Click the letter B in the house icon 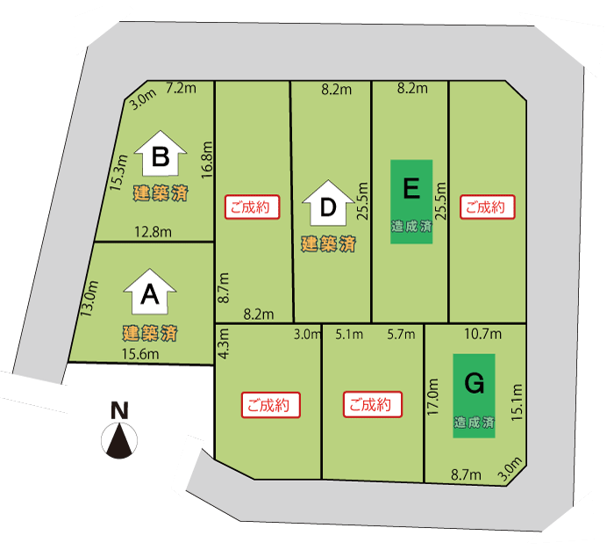[160, 157]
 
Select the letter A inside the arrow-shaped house [150, 296]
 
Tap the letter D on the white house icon [328, 207]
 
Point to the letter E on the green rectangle [411, 189]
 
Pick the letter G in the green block [474, 383]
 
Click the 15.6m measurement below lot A [140, 355]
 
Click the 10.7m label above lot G [482, 334]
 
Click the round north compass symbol [120, 439]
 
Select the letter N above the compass [119, 410]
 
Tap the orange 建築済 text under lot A [150, 333]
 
